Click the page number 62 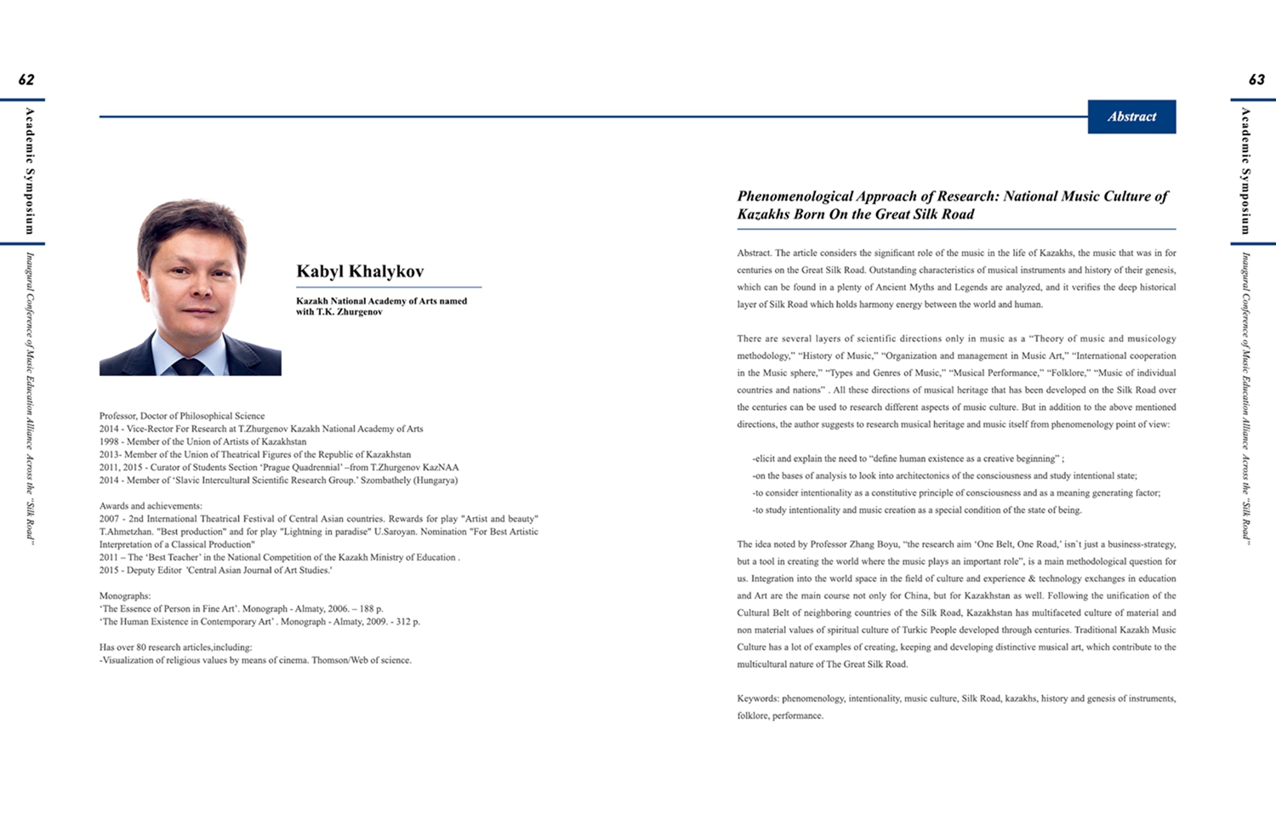[26, 80]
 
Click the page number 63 [1256, 80]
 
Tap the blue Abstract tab [1131, 117]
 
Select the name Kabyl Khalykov [360, 271]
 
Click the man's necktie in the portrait [188, 366]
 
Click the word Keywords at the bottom [757, 698]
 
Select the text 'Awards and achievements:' [151, 506]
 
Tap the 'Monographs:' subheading [125, 596]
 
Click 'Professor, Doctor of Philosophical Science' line [182, 416]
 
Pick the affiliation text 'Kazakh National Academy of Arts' [366, 301]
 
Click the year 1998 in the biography [109, 441]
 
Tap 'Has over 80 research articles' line [175, 647]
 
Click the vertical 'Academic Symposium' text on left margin [30, 170]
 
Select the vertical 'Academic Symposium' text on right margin [1245, 170]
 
